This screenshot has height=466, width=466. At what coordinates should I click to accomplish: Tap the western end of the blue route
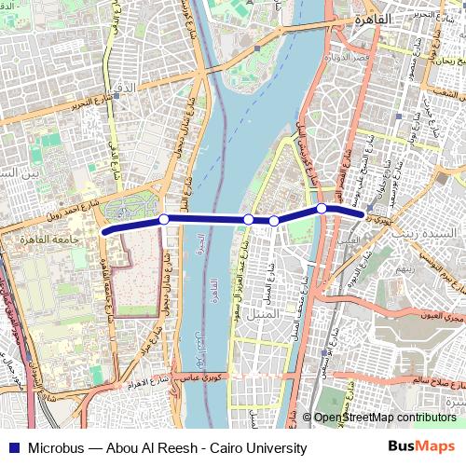(104, 231)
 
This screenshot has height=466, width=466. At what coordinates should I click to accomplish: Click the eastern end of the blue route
(362, 215)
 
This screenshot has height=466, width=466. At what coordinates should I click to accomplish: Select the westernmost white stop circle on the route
(164, 219)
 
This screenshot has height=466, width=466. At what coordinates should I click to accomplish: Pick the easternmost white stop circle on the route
(322, 208)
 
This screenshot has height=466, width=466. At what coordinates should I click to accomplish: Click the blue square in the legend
(12, 448)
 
